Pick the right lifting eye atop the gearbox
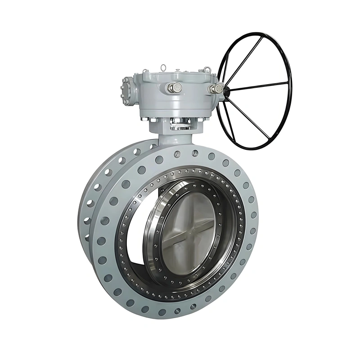pyautogui.click(x=207, y=69)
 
